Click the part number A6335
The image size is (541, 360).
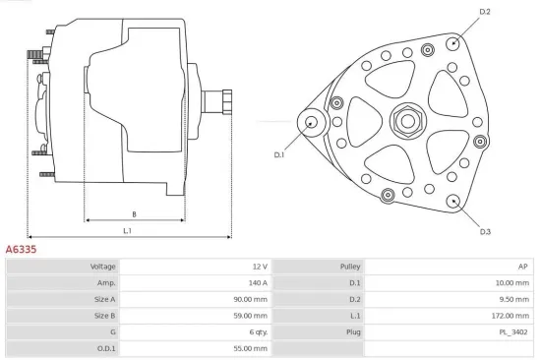(x=22, y=250)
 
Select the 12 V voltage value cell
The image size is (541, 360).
(x=259, y=267)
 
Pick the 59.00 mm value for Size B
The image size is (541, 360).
(x=250, y=316)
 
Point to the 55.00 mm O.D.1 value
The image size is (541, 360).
(x=250, y=348)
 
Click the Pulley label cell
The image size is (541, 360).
(x=350, y=267)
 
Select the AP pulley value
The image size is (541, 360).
(x=523, y=267)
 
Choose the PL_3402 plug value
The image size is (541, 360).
(x=513, y=332)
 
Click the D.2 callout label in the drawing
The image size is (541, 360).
(x=484, y=12)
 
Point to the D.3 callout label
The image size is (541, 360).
(x=485, y=232)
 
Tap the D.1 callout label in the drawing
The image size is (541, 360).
(x=278, y=154)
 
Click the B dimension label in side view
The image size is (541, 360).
(x=134, y=213)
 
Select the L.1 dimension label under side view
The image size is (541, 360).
(x=128, y=231)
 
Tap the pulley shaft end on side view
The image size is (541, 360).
(x=225, y=102)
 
